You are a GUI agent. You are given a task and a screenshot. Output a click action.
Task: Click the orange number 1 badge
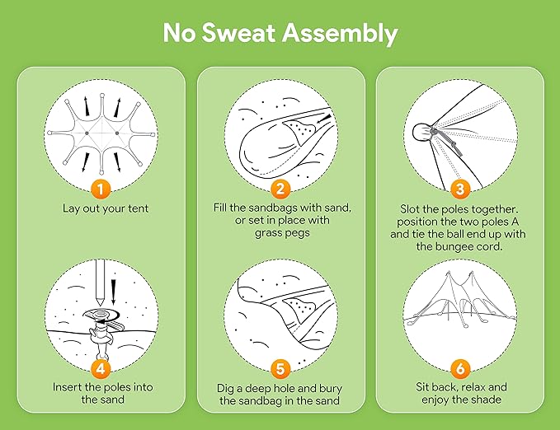pos(101,188)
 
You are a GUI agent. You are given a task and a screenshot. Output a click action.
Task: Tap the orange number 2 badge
pos(280,188)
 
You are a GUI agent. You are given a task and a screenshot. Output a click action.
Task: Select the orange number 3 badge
pos(460,188)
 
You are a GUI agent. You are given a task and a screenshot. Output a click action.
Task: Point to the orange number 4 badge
pos(101,367)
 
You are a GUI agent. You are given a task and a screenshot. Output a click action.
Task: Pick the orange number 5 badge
pos(280,367)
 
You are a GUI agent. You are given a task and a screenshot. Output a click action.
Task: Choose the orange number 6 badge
pos(460,367)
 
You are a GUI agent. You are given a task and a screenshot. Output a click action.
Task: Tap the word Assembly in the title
pos(341,35)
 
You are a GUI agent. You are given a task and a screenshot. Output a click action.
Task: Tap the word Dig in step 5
pos(225,389)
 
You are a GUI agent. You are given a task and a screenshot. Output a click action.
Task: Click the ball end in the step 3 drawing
pos(422,132)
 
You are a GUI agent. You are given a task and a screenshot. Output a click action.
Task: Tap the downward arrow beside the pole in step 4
pos(114,292)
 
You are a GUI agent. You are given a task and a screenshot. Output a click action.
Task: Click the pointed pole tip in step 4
pos(101,305)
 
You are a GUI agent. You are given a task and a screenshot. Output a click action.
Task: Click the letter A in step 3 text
pos(515,222)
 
